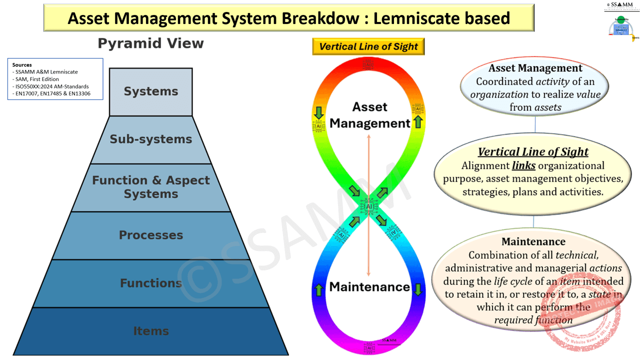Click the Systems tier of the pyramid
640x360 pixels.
[150, 91]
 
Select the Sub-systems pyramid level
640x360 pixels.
[150, 139]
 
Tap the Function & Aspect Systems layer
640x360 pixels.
[150, 187]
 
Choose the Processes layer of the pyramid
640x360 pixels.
[150, 235]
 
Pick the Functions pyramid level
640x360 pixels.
[150, 283]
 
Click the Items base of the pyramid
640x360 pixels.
[150, 331]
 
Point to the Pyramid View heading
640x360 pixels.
[150, 43]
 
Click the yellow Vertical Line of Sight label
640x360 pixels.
[368, 46]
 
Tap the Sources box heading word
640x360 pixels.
[22, 65]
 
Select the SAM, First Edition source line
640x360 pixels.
[37, 79]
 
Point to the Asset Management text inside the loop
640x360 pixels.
[369, 115]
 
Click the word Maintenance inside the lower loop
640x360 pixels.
[369, 287]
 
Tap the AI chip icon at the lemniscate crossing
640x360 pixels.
[369, 206]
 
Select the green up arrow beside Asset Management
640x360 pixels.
[418, 122]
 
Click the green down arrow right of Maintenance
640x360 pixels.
[418, 289]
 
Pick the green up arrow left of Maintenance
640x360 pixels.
[318, 289]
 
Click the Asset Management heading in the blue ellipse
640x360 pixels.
[535, 68]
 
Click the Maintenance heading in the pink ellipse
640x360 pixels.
[533, 241]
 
